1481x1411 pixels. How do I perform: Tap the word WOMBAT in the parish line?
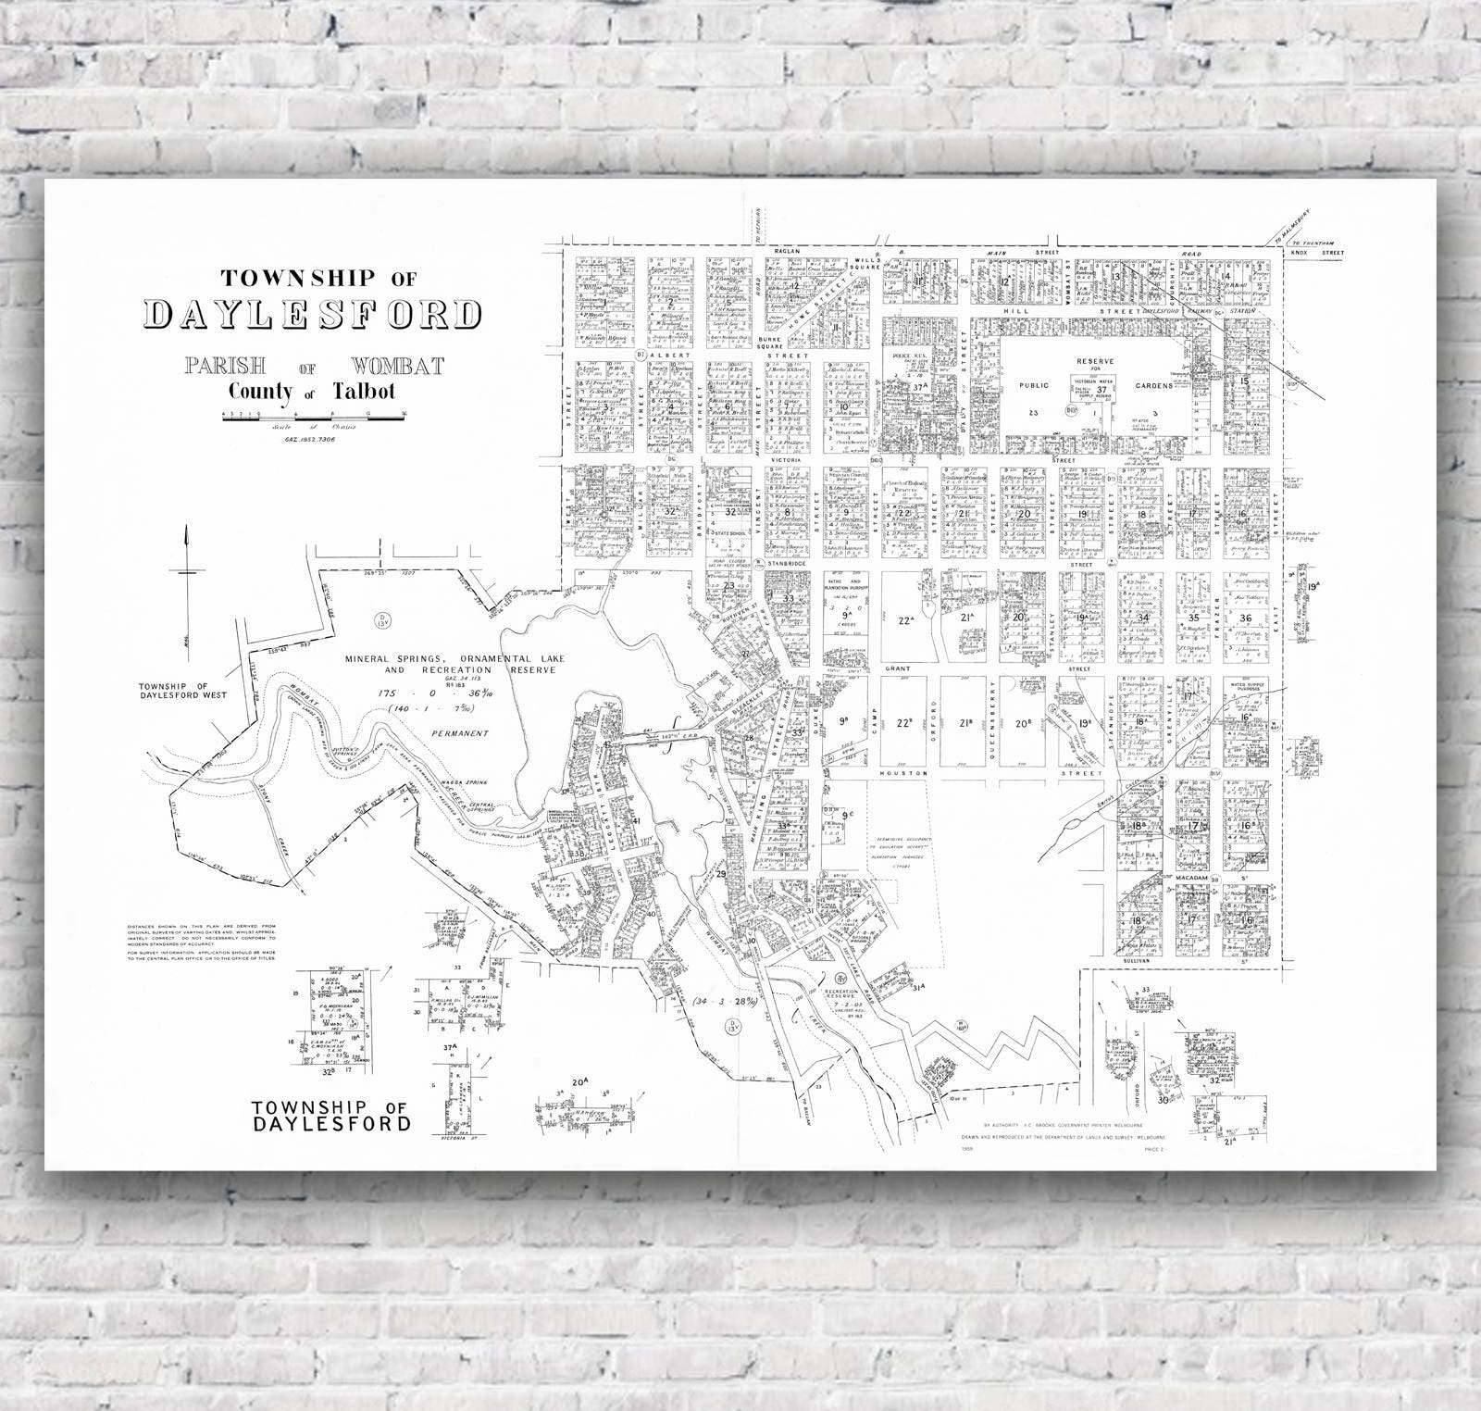tap(397, 366)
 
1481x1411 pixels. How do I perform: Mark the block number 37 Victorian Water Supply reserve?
tap(1101, 390)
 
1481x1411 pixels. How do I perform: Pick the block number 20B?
tap(1023, 723)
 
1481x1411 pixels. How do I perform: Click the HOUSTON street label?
tap(897, 772)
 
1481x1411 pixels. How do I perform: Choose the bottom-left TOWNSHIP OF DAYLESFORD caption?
tap(330, 1117)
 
